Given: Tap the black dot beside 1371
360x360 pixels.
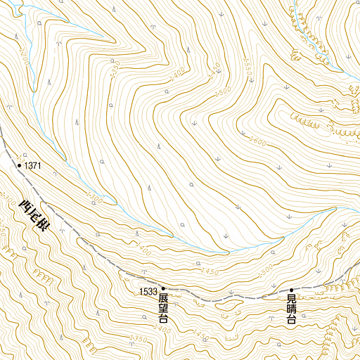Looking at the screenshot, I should tap(19, 166).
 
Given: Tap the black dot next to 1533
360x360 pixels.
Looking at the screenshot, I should tap(163, 288).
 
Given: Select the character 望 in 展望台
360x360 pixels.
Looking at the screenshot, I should tap(163, 309).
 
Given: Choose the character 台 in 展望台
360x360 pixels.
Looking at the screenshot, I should tap(163, 320).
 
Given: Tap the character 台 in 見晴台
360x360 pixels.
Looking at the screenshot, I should tap(291, 321).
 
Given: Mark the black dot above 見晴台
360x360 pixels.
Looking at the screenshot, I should tap(291, 290).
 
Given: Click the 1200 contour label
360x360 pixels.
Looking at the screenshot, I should tap(27, 53).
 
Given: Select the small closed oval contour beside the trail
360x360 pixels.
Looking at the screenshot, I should tap(226, 306).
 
